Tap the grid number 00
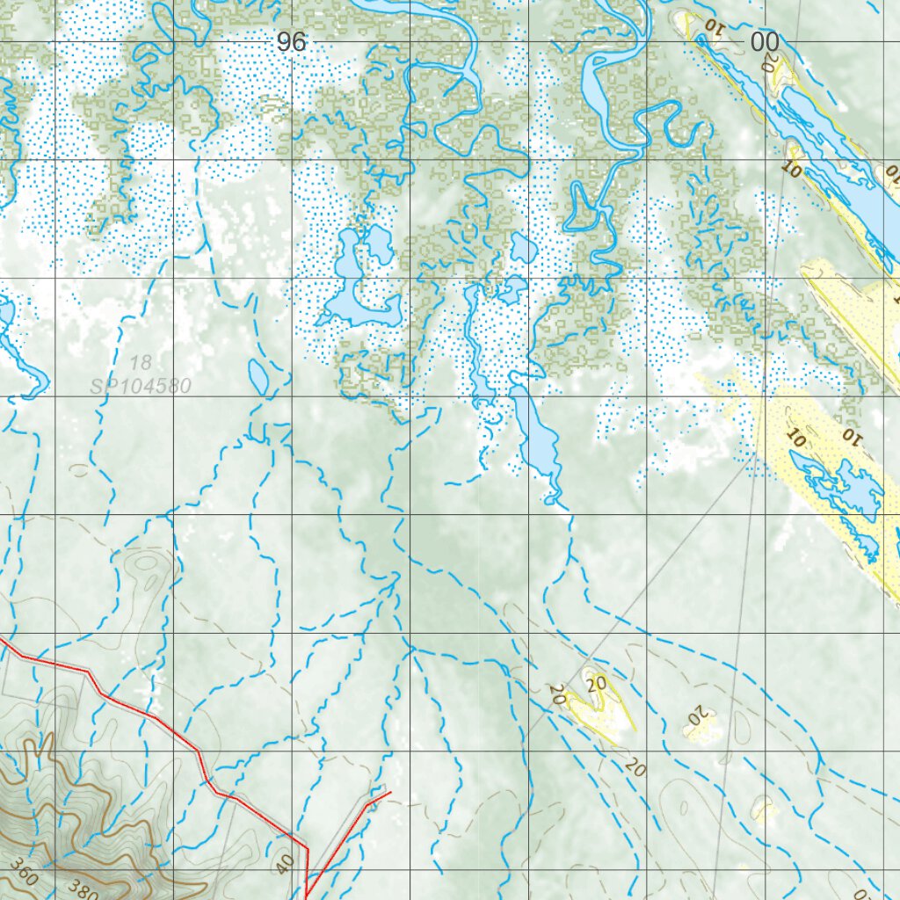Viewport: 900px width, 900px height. pos(764,41)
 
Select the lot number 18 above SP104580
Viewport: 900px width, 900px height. pos(140,362)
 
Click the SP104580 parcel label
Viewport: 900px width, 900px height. pos(140,384)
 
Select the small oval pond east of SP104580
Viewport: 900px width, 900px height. pos(258,376)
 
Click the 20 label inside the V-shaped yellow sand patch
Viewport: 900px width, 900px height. pos(598,683)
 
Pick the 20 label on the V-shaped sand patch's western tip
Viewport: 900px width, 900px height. pos(556,693)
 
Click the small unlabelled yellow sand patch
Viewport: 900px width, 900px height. pos(764,809)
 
